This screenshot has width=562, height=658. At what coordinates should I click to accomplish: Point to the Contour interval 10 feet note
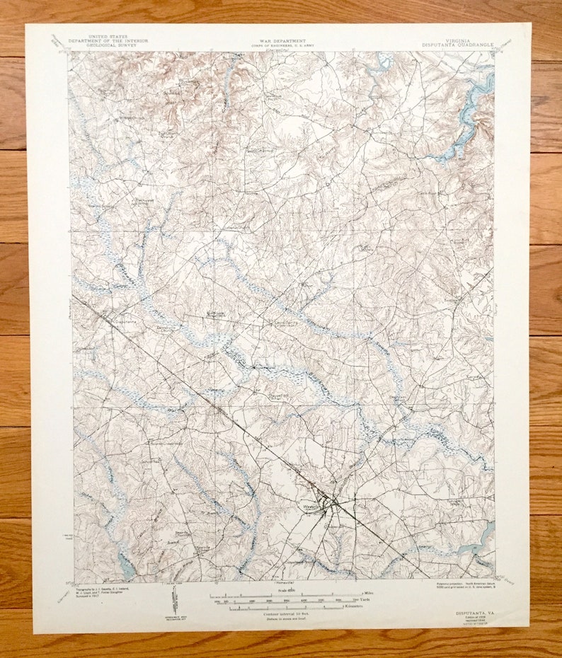pyautogui.click(x=282, y=613)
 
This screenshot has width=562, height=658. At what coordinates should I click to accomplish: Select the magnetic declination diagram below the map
pyautogui.click(x=174, y=601)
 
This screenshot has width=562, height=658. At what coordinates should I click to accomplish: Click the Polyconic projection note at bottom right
pyautogui.click(x=459, y=587)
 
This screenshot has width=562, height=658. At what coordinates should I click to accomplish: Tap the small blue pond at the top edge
pyautogui.click(x=385, y=61)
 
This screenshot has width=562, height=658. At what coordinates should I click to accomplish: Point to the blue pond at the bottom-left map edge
pyautogui.click(x=126, y=566)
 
